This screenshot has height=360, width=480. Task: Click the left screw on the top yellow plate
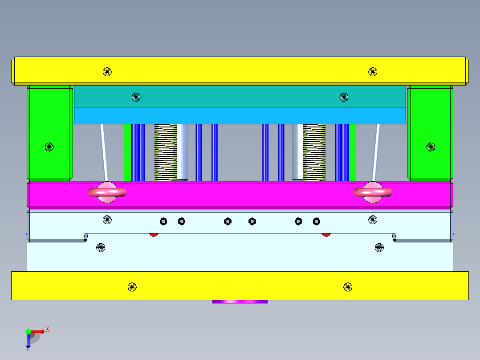(107, 71)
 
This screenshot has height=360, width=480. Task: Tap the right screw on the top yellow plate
(373, 71)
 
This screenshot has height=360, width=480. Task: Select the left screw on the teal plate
(136, 97)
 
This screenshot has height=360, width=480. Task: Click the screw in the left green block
(49, 147)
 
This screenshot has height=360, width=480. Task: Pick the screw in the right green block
(431, 147)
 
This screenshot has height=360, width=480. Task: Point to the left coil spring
(166, 152)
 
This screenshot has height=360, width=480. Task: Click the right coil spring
(314, 152)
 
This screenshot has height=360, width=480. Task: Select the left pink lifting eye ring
(107, 192)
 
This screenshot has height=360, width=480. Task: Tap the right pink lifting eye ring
(373, 192)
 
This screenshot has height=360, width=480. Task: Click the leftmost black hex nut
(163, 221)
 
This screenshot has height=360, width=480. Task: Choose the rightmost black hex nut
(316, 221)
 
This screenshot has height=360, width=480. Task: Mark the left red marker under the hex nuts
(154, 234)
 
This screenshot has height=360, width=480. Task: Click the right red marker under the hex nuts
(326, 234)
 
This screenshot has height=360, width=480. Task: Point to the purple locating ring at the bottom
(240, 302)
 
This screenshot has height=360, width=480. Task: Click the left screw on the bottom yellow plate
(132, 286)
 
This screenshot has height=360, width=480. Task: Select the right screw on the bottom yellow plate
(348, 286)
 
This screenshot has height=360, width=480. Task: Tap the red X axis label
(48, 330)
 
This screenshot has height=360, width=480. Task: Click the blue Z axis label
(28, 349)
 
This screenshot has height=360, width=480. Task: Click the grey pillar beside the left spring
(183, 152)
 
